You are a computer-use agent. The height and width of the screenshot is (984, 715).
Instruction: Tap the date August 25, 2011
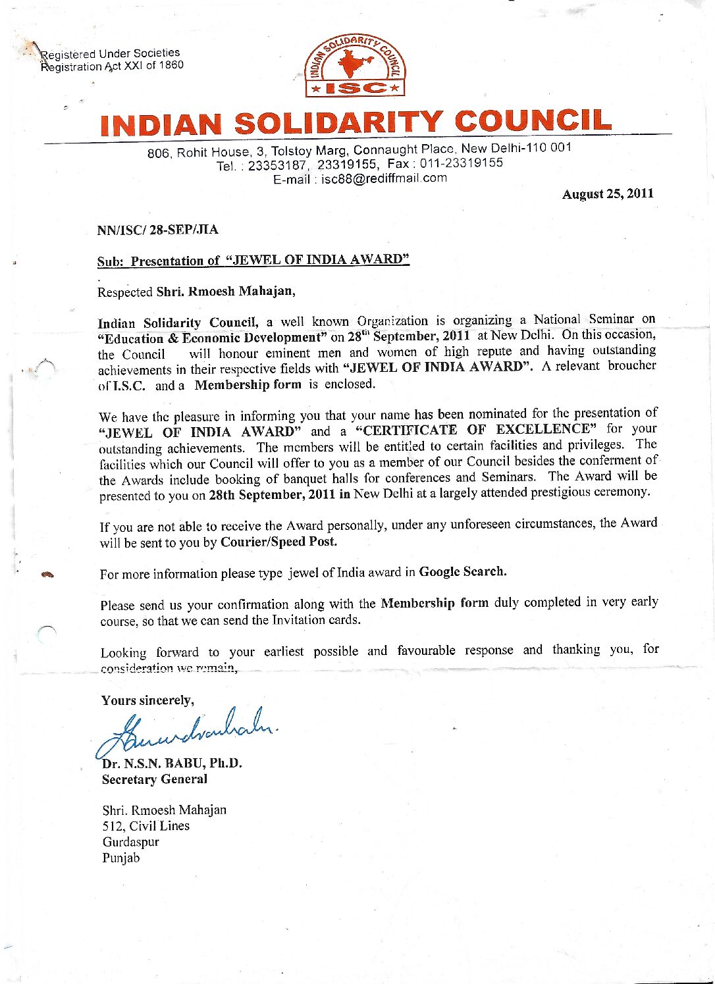[x=607, y=194]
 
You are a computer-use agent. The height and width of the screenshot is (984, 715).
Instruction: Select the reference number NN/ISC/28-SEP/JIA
[x=157, y=230]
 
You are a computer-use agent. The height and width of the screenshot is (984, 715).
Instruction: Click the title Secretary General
[x=154, y=779]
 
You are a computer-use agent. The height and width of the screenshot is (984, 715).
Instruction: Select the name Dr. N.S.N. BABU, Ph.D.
[x=172, y=764]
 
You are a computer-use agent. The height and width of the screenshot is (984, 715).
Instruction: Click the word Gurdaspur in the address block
[x=130, y=842]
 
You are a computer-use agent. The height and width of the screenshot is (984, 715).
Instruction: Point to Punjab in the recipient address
[x=121, y=858]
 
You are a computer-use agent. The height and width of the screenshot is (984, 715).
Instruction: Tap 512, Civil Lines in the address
[x=146, y=826]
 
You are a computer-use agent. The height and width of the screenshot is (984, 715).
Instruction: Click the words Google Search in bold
[x=463, y=571]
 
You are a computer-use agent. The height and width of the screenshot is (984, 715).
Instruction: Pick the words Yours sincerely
[x=147, y=700]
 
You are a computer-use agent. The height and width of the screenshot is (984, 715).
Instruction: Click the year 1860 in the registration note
[x=171, y=65]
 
